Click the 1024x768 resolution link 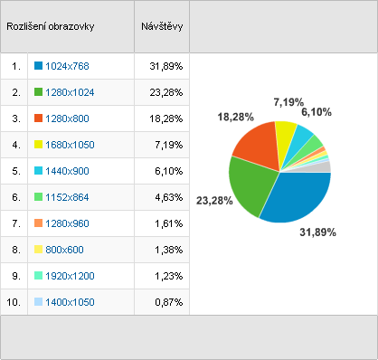(67, 66)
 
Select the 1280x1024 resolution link (70, 92)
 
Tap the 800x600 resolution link (64, 250)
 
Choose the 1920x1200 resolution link (70, 276)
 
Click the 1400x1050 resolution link (70, 302)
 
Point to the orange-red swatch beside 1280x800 (38, 118)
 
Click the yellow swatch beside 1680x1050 (38, 144)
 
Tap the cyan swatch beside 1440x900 (38, 170)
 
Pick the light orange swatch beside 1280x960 (38, 223)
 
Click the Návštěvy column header (162, 26)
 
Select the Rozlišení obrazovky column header (51, 26)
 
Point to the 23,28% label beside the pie (214, 201)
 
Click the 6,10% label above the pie (317, 112)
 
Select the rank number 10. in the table (14, 302)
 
